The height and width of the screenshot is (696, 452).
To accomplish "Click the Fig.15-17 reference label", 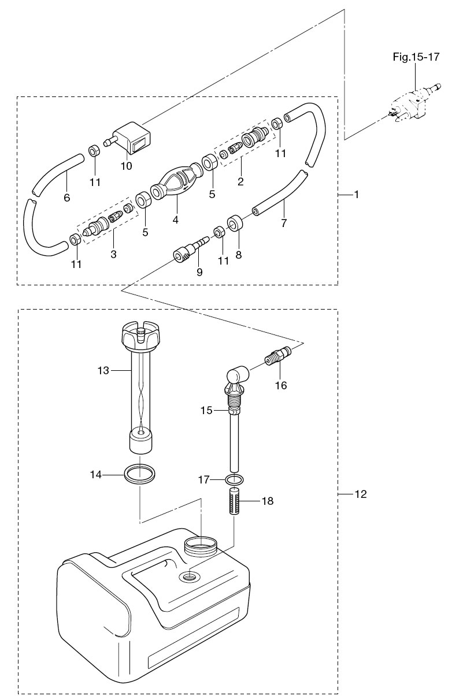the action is (416, 57).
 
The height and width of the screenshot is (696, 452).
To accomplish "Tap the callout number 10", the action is (127, 166).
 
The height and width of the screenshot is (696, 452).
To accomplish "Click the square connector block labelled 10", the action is (129, 137).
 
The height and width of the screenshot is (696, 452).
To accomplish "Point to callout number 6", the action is (67, 198).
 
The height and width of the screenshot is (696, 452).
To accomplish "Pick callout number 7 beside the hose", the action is (283, 223).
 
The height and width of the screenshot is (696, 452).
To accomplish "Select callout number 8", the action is (239, 255).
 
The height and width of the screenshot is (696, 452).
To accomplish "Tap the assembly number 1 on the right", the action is (357, 195).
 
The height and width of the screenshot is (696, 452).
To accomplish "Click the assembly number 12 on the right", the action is (361, 494).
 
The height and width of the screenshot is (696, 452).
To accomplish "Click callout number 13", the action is (103, 370).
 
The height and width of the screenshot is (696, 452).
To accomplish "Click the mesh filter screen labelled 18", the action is (235, 502).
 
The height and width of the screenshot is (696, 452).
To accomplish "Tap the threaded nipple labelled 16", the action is (278, 355).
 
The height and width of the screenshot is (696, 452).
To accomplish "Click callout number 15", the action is (206, 411).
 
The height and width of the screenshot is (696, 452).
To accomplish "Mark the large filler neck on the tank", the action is (200, 549).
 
